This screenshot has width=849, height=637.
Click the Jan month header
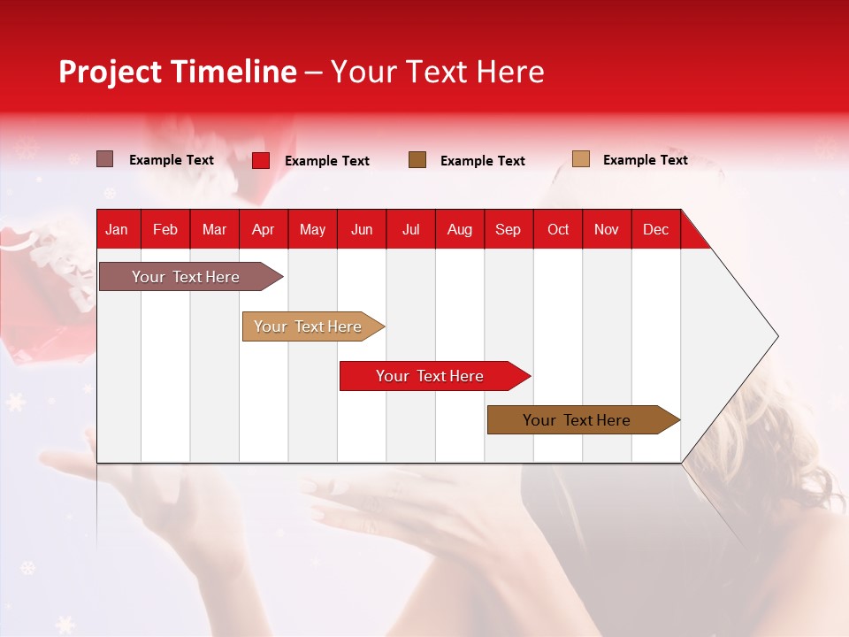(x=117, y=229)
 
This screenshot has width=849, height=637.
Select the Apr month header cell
(x=264, y=229)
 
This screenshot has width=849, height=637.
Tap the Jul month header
(x=411, y=229)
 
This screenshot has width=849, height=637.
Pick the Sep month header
(x=509, y=229)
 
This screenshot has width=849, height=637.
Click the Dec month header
(x=656, y=229)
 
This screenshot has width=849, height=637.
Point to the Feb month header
(x=165, y=229)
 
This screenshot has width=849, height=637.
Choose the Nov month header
(x=607, y=229)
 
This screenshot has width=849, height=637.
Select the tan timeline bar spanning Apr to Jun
(x=310, y=326)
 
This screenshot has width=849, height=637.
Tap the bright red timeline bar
(x=432, y=376)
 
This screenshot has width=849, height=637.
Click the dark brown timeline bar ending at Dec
(x=579, y=420)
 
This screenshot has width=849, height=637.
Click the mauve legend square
(x=104, y=159)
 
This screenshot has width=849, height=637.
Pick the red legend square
(x=261, y=160)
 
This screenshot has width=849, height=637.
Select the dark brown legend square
(x=417, y=159)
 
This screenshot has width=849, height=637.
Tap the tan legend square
(x=580, y=159)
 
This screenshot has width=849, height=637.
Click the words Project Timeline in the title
(x=177, y=72)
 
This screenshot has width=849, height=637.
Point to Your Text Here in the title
(x=438, y=72)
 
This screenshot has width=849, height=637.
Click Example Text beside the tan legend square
(x=645, y=160)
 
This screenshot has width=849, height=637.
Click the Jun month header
(x=362, y=229)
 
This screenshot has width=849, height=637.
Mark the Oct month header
(x=558, y=229)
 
